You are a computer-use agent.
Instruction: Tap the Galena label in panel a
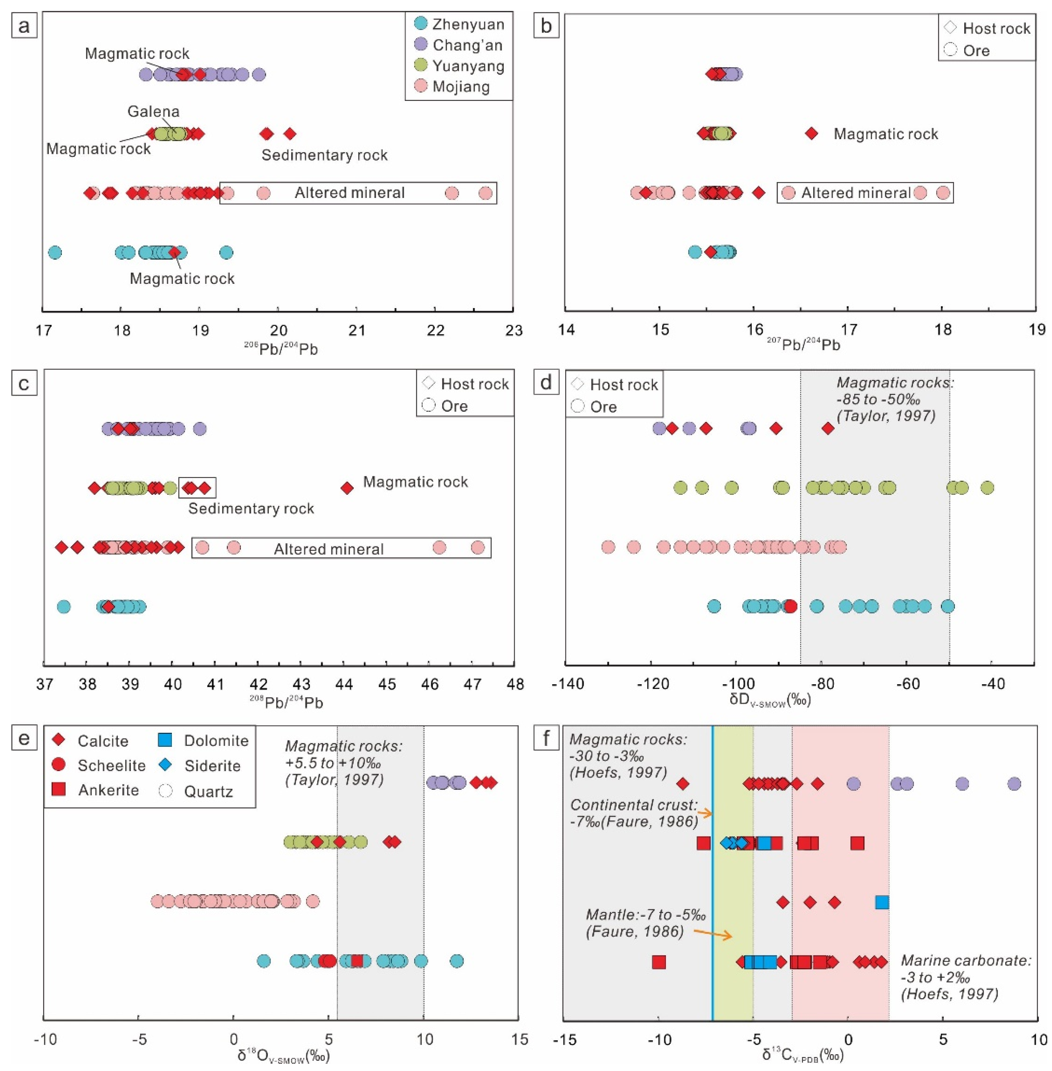pyautogui.click(x=154, y=112)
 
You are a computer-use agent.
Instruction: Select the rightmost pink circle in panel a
pyautogui.click(x=485, y=193)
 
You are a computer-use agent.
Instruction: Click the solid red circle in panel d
pyautogui.click(x=791, y=606)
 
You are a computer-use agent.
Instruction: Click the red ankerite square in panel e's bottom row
pyautogui.click(x=357, y=961)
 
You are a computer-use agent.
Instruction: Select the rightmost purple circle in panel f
pyautogui.click(x=1014, y=783)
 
